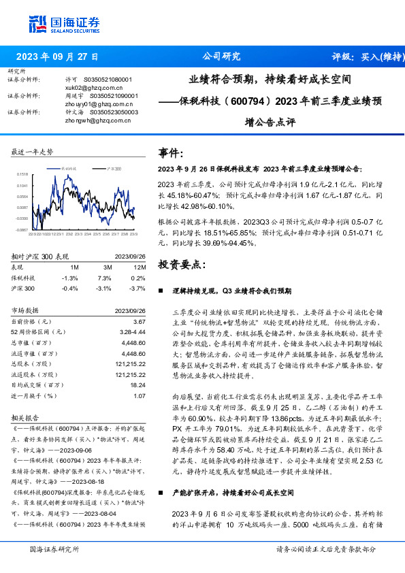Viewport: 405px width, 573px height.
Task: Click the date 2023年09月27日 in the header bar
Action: [56, 56]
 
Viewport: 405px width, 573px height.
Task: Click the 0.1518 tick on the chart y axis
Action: [22, 175]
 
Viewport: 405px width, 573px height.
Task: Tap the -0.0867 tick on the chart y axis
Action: [22, 231]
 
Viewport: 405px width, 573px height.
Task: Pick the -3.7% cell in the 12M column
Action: [138, 289]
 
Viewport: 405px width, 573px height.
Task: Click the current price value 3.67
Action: [140, 321]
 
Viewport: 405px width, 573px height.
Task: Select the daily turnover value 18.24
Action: [138, 384]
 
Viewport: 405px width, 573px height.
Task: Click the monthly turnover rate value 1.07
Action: [140, 395]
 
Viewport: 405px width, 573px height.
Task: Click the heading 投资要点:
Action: [180, 263]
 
